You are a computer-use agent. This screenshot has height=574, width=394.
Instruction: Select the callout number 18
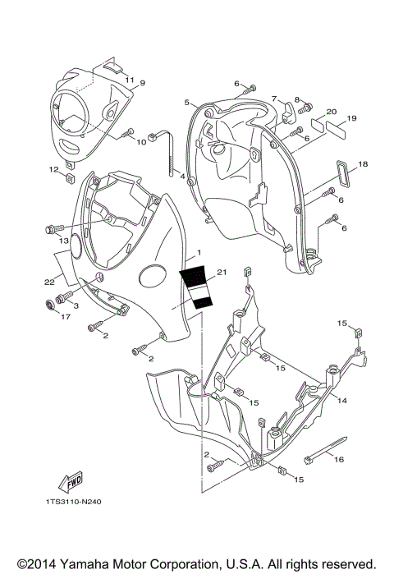point(363,164)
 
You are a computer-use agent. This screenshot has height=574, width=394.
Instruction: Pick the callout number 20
point(332,112)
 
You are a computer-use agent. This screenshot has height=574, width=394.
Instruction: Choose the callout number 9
point(142,83)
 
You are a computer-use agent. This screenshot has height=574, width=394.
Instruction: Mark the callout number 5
point(187,102)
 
